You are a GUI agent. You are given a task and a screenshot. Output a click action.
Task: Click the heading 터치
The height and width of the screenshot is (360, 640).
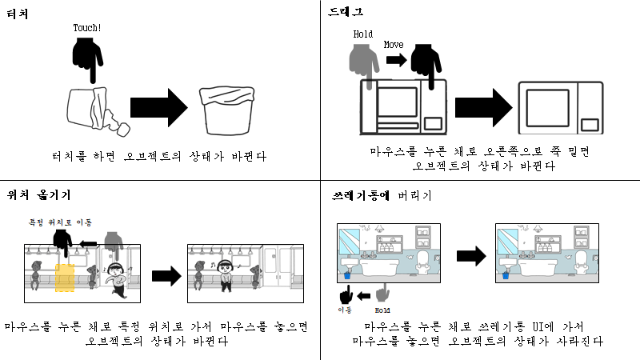pyautogui.click(x=18, y=12)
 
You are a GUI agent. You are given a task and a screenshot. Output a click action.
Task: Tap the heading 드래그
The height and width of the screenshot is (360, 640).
pyautogui.click(x=346, y=12)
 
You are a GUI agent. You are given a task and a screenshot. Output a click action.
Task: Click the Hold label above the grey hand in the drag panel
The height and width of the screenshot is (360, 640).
pyautogui.click(x=362, y=34)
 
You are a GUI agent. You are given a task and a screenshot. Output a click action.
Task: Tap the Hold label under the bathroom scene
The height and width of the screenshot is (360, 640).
pyautogui.click(x=382, y=309)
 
